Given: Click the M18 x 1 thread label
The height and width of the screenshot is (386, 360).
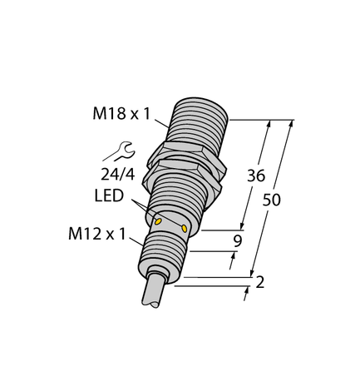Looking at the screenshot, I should tap(122, 115).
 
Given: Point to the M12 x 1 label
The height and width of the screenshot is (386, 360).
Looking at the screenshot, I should tap(96, 235).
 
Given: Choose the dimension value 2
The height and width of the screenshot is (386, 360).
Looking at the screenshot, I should tap(260, 283).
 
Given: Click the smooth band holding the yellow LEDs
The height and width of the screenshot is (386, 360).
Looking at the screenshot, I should tap(170, 221).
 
